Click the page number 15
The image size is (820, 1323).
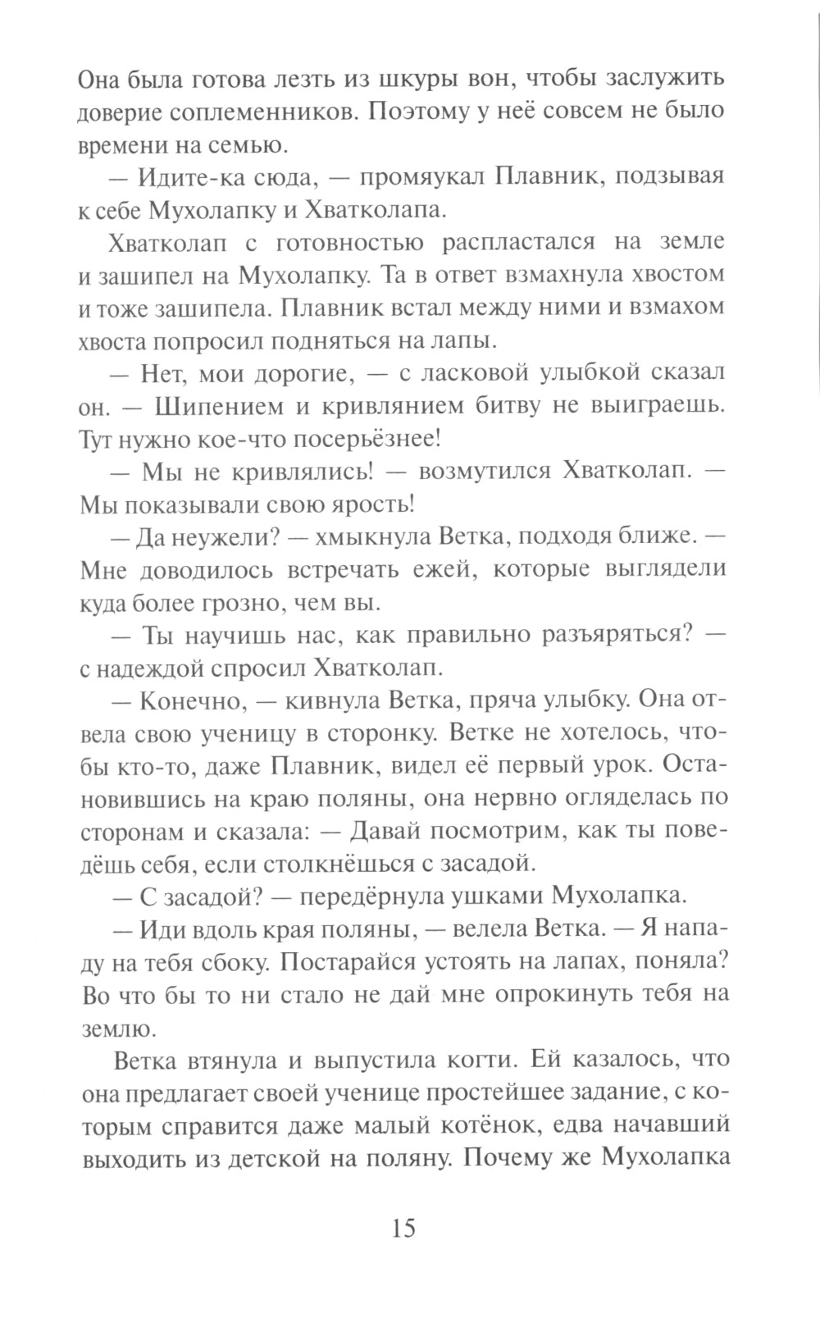click(x=405, y=1228)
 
